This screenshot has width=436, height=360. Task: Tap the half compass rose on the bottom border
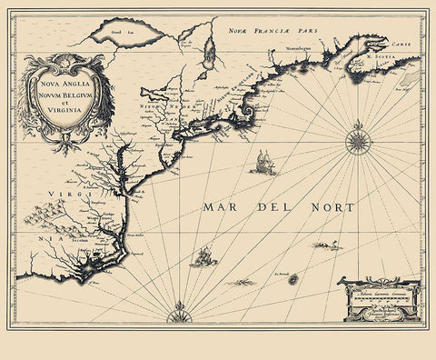click(177, 315)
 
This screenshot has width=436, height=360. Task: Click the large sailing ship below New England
click(263, 164)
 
